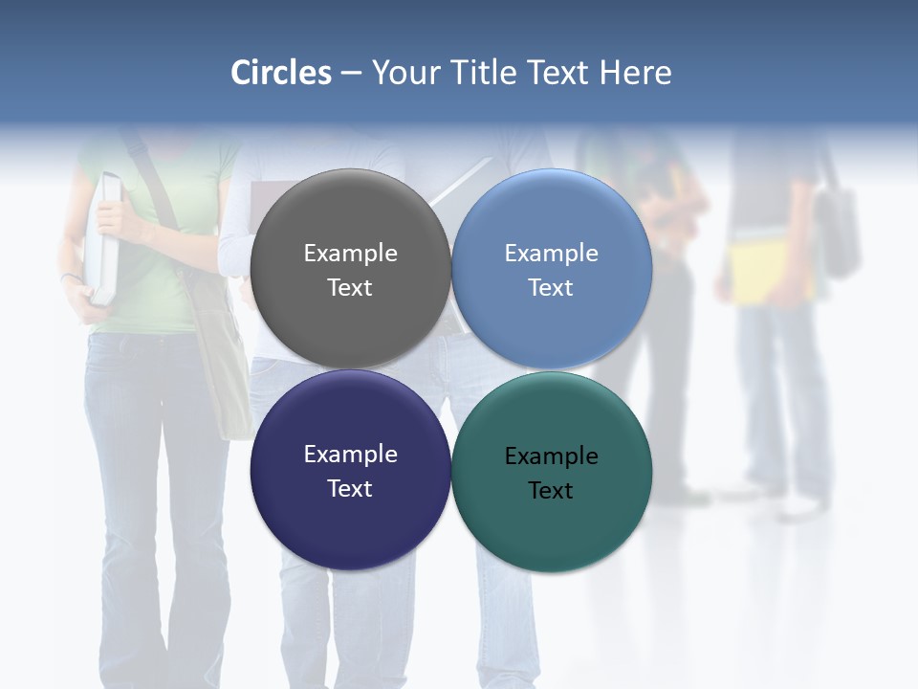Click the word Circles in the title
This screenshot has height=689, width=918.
click(x=281, y=73)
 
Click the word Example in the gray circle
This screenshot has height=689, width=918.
click(x=350, y=254)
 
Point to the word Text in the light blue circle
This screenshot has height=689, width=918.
click(x=551, y=287)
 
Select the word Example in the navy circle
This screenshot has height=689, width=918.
click(x=350, y=455)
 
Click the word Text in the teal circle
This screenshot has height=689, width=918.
click(x=551, y=490)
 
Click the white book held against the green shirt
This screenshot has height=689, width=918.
click(x=105, y=239)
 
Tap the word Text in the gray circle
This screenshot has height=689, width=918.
click(x=350, y=287)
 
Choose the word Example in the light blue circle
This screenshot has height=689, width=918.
click(x=551, y=254)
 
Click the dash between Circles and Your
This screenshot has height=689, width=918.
click(x=351, y=73)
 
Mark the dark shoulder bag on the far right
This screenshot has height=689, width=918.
click(x=838, y=230)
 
